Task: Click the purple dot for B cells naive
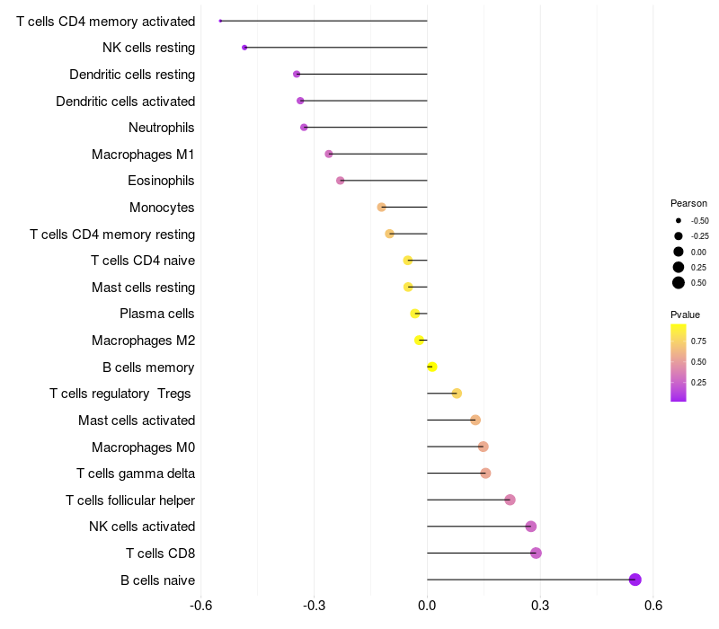[635, 580]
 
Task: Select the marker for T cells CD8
[536, 553]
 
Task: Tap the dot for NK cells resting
[244, 47]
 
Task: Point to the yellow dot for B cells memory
[432, 367]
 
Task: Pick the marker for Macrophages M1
[329, 154]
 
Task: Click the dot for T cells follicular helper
[510, 500]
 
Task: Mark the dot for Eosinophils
[340, 181]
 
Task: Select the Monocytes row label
[162, 208]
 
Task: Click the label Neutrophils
[162, 128]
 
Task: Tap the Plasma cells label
[157, 314]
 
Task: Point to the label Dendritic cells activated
[126, 102]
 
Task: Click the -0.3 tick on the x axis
[314, 606]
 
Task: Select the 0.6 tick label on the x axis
[653, 606]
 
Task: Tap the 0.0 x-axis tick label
[427, 606]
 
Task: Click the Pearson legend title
[688, 203]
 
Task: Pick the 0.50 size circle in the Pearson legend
[679, 283]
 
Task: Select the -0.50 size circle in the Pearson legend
[679, 220]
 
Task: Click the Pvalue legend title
[685, 314]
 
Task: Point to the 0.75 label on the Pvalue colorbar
[698, 341]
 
